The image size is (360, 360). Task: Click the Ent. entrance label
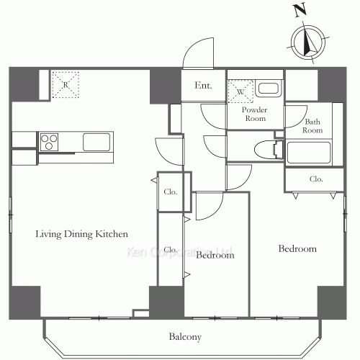click(203, 86)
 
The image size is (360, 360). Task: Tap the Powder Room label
click(254, 114)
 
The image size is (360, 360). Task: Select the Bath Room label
click(312, 126)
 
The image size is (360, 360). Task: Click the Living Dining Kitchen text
click(81, 234)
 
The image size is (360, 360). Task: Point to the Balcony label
click(185, 337)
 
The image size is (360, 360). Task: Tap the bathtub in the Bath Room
click(309, 153)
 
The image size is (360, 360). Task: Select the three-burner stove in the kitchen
click(49, 142)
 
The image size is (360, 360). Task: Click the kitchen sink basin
click(96, 143)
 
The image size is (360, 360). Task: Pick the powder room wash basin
click(269, 89)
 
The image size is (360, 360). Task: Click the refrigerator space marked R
click(66, 85)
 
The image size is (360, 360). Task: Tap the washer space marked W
click(240, 91)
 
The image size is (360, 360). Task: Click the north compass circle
click(308, 43)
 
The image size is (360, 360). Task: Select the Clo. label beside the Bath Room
click(316, 179)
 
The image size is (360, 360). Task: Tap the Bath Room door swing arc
click(302, 121)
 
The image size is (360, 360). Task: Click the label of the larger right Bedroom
click(297, 248)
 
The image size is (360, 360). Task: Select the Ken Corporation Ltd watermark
click(179, 252)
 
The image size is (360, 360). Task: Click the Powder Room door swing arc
click(208, 121)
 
